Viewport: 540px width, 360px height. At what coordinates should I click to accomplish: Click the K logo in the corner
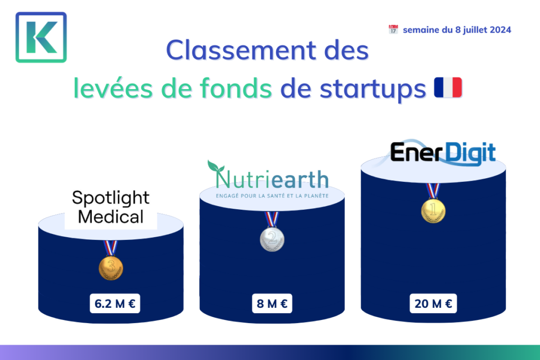pyautogui.click(x=41, y=37)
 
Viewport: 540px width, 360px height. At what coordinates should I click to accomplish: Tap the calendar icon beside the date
pyautogui.click(x=393, y=30)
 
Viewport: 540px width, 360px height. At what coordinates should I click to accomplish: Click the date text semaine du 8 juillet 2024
pyautogui.click(x=457, y=30)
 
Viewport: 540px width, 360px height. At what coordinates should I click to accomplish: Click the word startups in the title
pyautogui.click(x=352, y=89)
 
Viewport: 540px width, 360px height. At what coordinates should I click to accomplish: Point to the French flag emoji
pyautogui.click(x=448, y=87)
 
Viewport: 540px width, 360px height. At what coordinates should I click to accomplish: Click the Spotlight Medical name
pyautogui.click(x=111, y=207)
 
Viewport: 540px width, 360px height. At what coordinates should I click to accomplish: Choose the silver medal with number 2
pyautogui.click(x=272, y=239)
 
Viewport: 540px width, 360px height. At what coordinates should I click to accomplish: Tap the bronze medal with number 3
pyautogui.click(x=111, y=268)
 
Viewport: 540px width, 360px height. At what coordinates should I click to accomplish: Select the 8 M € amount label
pyautogui.click(x=272, y=304)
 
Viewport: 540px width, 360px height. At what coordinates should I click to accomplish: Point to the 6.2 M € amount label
pyautogui.click(x=115, y=304)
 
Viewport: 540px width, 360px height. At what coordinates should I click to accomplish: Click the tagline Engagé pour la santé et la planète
pyautogui.click(x=272, y=196)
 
